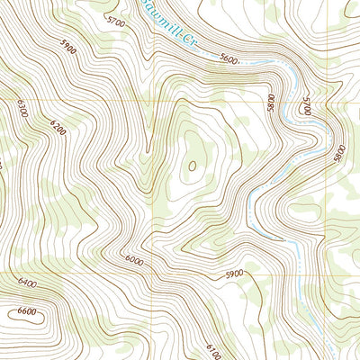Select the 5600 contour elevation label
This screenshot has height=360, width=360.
229,59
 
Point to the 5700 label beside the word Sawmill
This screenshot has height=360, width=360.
115,20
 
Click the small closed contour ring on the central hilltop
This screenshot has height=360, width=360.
192,166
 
